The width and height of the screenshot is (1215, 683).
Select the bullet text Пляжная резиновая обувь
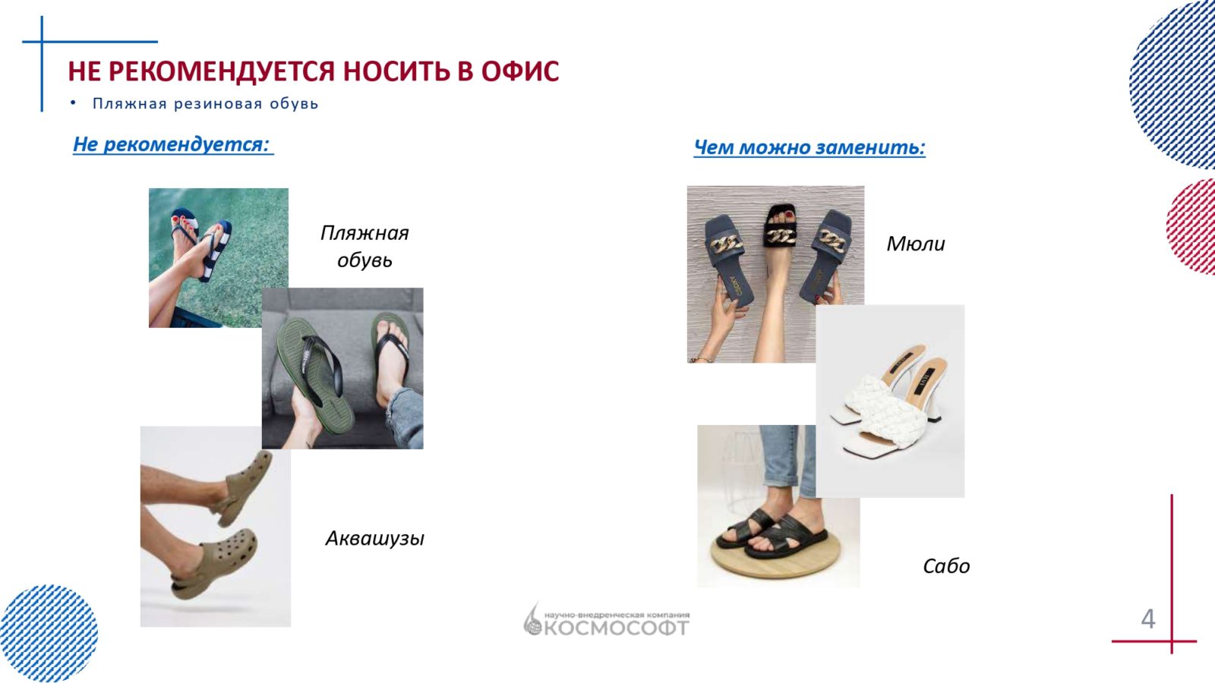pos(205,103)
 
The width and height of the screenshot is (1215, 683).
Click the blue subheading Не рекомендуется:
pos(173,144)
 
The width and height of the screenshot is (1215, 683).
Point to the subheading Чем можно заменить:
pos(809,147)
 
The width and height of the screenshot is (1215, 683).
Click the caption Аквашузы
pos(375,538)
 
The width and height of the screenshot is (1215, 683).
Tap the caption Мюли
pos(916,244)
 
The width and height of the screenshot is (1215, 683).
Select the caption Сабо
pos(946,566)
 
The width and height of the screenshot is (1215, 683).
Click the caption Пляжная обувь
pos(364,246)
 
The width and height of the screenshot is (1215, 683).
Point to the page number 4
pos(1147,618)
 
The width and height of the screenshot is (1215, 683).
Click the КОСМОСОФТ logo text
pos(616,628)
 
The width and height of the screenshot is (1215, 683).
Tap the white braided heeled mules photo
pos(890,401)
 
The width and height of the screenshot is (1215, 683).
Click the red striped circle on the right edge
pos(1191,227)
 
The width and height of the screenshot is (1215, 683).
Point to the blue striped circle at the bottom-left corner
pos(48,633)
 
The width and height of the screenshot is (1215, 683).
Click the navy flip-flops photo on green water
pos(219,258)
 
